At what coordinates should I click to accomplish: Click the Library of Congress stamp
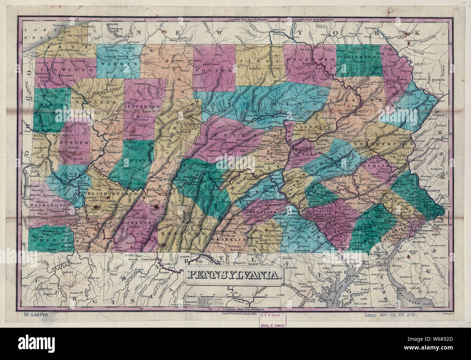pyautogui.click(x=272, y=320)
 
